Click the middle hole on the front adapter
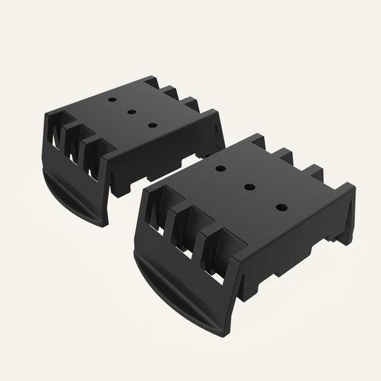click(x=249, y=187)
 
